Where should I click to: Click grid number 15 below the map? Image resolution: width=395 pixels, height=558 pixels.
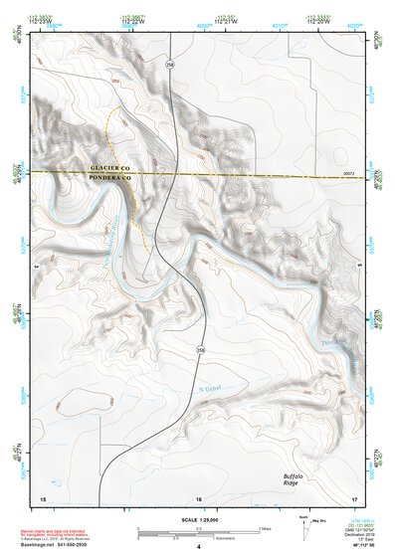(43, 497)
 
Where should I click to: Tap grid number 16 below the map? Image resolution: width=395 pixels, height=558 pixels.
(199, 497)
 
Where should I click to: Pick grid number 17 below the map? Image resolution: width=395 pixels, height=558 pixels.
(353, 497)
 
